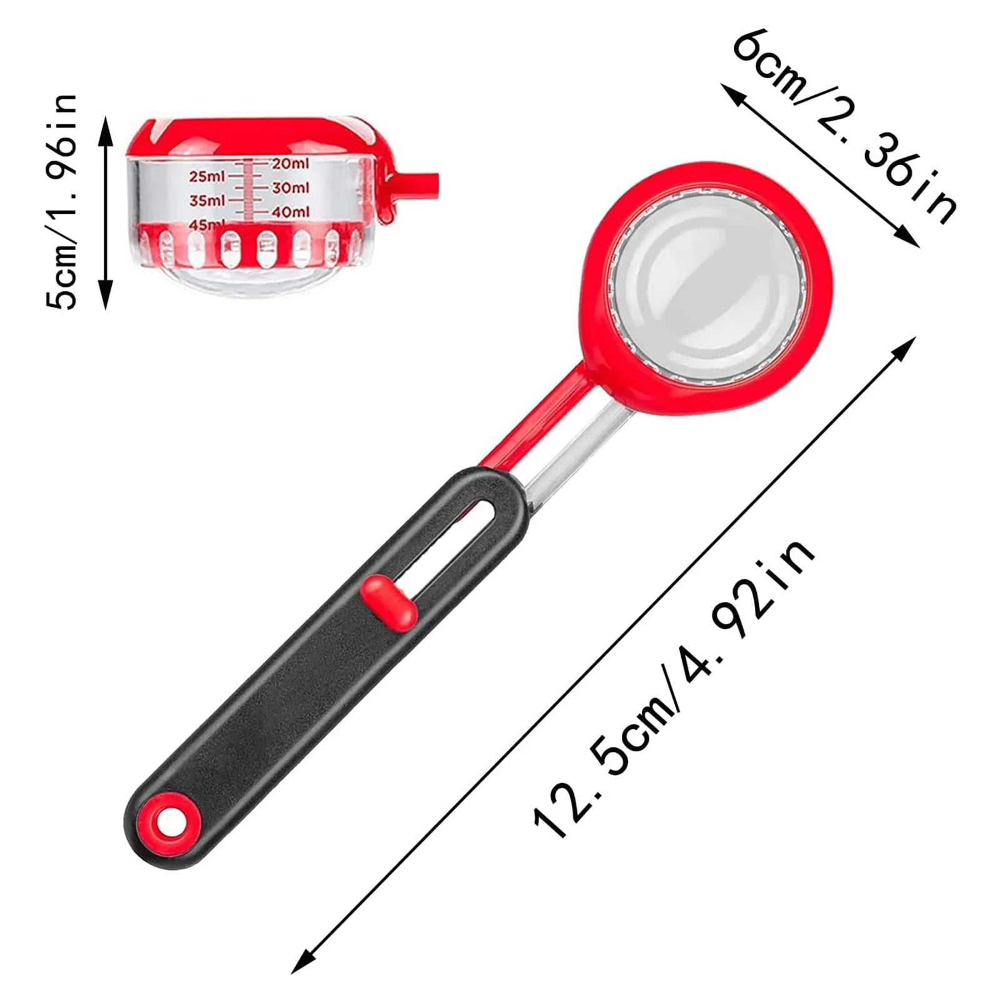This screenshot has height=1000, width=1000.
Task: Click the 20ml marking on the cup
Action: pyautogui.click(x=290, y=164)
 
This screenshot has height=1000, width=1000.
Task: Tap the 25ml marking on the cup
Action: pyautogui.click(x=207, y=177)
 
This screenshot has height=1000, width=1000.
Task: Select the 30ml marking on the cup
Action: pyautogui.click(x=290, y=187)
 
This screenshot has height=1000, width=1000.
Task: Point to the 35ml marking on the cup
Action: pyautogui.click(x=207, y=201)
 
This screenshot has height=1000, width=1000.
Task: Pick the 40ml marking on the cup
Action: pyautogui.click(x=290, y=212)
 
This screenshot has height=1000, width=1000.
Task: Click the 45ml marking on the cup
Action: pyautogui.click(x=207, y=224)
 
